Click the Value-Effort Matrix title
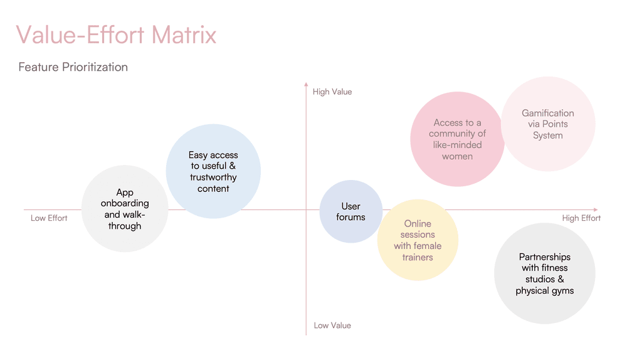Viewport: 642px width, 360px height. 116,34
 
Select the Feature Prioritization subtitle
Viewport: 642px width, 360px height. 73,67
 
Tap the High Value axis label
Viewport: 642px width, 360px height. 332,92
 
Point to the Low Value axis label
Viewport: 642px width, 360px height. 332,326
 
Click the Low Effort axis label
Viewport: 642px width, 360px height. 49,218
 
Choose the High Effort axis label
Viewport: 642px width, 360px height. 581,218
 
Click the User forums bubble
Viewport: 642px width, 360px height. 351,211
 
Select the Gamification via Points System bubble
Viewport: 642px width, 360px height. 548,124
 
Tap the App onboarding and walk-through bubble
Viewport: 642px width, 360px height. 125,209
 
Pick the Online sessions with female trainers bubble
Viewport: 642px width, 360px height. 418,240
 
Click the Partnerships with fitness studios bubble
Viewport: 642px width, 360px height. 544,274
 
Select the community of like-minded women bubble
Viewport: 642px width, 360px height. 457,139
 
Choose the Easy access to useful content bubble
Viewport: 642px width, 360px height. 213,171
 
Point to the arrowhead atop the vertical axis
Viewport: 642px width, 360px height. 306,83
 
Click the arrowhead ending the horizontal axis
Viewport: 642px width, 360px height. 596,209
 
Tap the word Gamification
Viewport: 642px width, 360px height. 548,114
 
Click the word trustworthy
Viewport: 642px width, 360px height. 213,177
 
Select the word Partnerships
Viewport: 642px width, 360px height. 545,257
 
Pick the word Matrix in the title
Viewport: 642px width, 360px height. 184,34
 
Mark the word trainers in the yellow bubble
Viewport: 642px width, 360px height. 418,257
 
